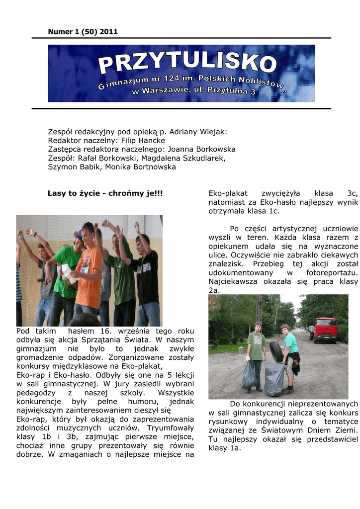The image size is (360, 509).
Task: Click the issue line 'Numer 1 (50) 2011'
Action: coord(83,32)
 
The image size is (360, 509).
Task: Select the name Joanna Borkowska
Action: coord(201,149)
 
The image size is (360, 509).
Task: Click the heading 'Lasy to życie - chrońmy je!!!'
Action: coord(105,193)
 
